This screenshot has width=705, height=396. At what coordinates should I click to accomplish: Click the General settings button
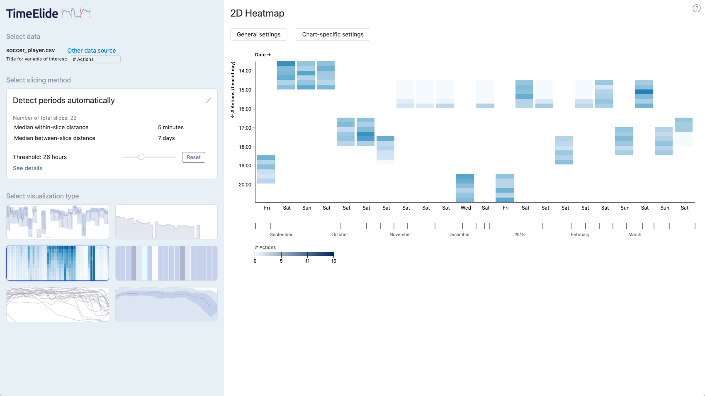[258, 34]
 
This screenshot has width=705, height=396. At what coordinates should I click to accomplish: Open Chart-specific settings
[333, 34]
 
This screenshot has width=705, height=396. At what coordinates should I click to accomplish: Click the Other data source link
[91, 51]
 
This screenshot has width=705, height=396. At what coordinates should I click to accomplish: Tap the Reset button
[193, 157]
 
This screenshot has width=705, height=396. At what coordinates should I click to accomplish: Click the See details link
[27, 168]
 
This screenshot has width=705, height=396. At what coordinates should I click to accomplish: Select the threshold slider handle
[141, 157]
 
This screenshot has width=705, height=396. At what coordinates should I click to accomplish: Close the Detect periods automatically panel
[208, 101]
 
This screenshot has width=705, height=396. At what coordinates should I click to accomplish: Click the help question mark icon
[697, 8]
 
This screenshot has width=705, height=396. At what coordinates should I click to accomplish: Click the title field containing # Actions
[95, 59]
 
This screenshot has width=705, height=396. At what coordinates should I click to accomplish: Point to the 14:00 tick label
[245, 71]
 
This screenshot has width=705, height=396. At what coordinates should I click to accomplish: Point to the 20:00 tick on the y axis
[245, 185]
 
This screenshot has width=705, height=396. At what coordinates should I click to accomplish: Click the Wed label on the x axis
[466, 208]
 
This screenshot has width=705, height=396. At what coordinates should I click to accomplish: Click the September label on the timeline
[281, 234]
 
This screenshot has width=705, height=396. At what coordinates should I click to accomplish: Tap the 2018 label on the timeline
[519, 234]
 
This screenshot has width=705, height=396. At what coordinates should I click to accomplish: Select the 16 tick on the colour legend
[333, 261]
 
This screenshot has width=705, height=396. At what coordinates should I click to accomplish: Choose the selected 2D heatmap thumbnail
[58, 263]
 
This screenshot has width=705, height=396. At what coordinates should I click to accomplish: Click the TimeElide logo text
[32, 14]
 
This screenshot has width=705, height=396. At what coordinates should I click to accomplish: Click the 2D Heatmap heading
[257, 13]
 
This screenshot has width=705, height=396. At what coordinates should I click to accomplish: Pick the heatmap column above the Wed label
[465, 188]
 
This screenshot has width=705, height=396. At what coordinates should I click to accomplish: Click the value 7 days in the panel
[166, 138]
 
